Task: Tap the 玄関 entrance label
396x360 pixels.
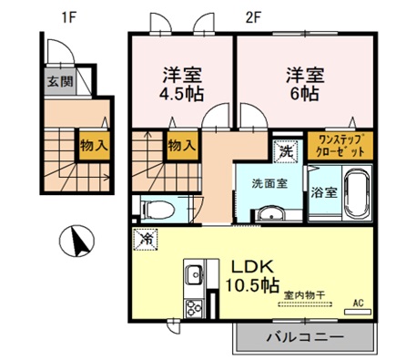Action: pos(60,81)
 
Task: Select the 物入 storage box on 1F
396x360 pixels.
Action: pos(95,146)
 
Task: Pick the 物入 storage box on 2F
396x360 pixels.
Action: pos(182,146)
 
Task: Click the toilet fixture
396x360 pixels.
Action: pos(158,210)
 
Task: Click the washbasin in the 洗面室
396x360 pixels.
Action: pos(270,213)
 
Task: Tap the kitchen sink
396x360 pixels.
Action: pos(194,273)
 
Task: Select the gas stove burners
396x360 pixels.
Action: pos(194,308)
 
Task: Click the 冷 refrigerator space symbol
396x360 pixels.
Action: pos(146,240)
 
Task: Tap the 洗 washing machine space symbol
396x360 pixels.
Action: pos(287,151)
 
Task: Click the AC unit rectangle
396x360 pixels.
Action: pos(358,312)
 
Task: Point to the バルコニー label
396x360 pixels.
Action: pos(305,337)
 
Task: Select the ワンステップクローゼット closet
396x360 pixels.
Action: pos(340,146)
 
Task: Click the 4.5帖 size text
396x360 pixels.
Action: pos(181,94)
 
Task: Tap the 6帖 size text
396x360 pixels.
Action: pos(305,94)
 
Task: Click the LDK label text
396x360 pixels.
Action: pos(253,266)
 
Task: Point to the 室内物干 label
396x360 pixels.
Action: pos(305,294)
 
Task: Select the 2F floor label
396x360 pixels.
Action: pos(253,19)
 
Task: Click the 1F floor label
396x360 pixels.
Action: pos(68,17)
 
